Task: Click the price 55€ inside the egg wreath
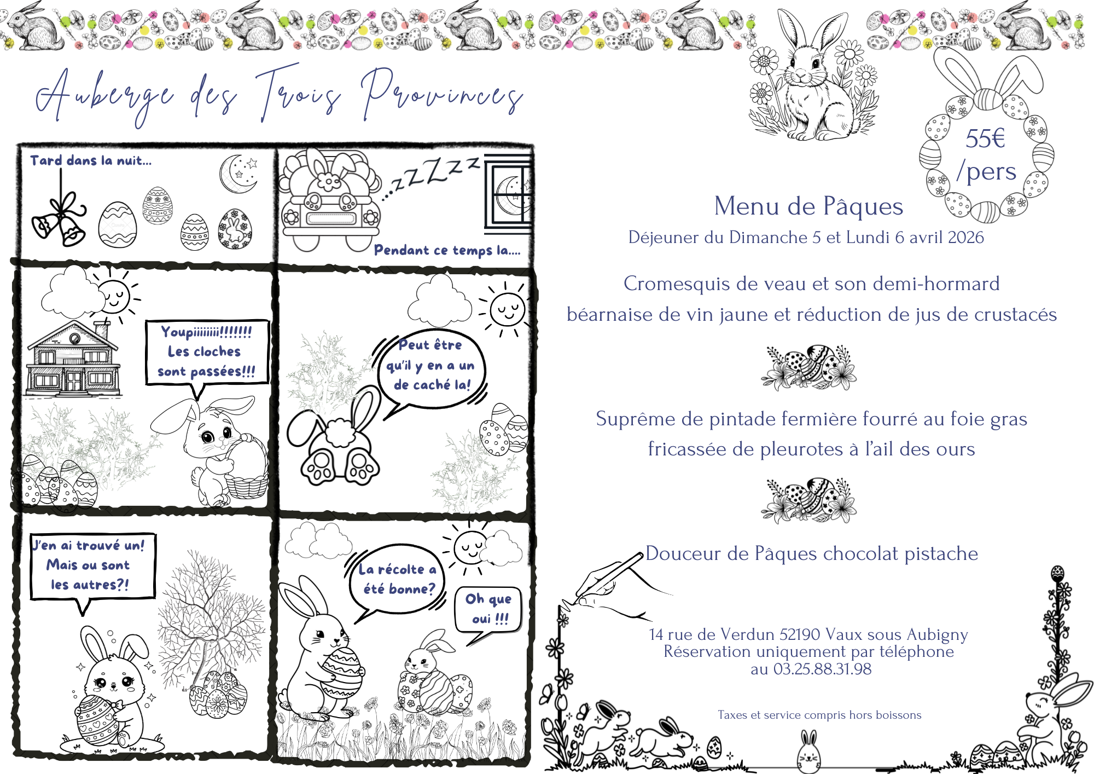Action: coord(985,138)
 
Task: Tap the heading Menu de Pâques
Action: coord(808,207)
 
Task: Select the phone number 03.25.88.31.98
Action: coord(822,669)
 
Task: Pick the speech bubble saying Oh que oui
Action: coord(488,609)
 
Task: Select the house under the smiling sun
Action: coord(73,359)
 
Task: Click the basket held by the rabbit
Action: coord(247,471)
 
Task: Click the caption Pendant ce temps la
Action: coord(447,250)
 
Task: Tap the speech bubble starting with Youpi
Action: coord(207,351)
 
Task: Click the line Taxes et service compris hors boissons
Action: coord(819,715)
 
